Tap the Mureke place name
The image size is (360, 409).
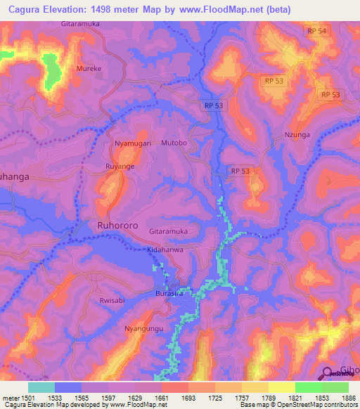click(89, 70)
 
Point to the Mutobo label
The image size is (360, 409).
click(174, 143)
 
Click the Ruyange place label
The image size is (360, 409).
click(120, 167)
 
